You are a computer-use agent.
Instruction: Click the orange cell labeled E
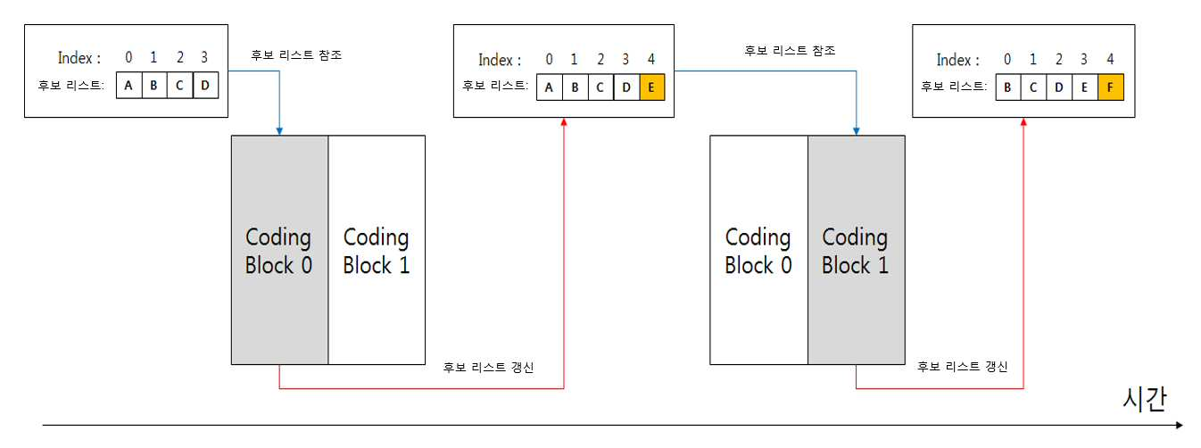click(x=652, y=87)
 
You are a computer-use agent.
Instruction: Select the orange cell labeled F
click(x=1110, y=87)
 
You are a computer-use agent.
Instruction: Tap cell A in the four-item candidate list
click(x=128, y=86)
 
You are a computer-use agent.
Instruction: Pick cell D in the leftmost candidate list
click(x=205, y=86)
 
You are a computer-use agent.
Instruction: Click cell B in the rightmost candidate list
click(x=1008, y=87)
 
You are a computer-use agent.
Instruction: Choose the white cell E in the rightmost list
click(x=1085, y=87)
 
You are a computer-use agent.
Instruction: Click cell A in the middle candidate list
click(x=549, y=87)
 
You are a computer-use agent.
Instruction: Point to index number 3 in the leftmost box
click(x=204, y=57)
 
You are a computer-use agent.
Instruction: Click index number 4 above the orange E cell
click(x=651, y=59)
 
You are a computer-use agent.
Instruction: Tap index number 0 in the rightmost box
click(x=1007, y=59)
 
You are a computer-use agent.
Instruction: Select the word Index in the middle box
click(x=495, y=60)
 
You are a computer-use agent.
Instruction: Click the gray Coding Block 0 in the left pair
click(x=279, y=250)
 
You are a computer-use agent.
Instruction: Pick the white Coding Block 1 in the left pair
click(x=377, y=250)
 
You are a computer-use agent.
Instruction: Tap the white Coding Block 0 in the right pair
click(x=758, y=250)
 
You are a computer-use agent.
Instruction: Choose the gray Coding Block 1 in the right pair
click(x=857, y=250)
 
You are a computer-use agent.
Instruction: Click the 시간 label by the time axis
click(x=1145, y=399)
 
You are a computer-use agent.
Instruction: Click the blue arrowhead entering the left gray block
click(x=279, y=131)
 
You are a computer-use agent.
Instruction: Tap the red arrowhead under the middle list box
click(x=564, y=121)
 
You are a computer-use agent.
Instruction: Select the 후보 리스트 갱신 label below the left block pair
click(x=488, y=367)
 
